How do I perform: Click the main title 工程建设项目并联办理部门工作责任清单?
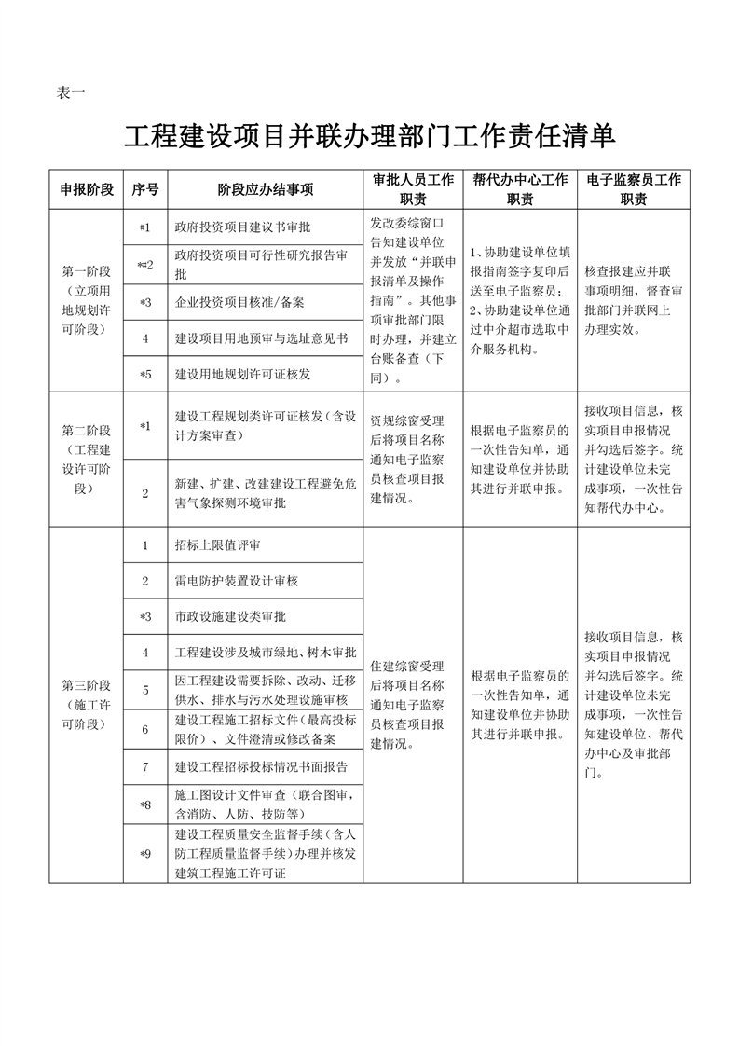pos(370,136)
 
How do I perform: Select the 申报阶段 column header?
pos(87,189)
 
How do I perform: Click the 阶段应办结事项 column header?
pos(266,189)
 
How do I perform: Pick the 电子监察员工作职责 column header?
pos(634,189)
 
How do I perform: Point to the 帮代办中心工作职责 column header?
pos(520,189)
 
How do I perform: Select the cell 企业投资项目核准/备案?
pos(239,302)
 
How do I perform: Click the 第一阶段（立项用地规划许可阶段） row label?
pos(87,300)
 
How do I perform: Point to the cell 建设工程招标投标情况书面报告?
pos(261,767)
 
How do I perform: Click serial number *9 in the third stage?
pos(145,853)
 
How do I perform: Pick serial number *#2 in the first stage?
pos(145,266)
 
